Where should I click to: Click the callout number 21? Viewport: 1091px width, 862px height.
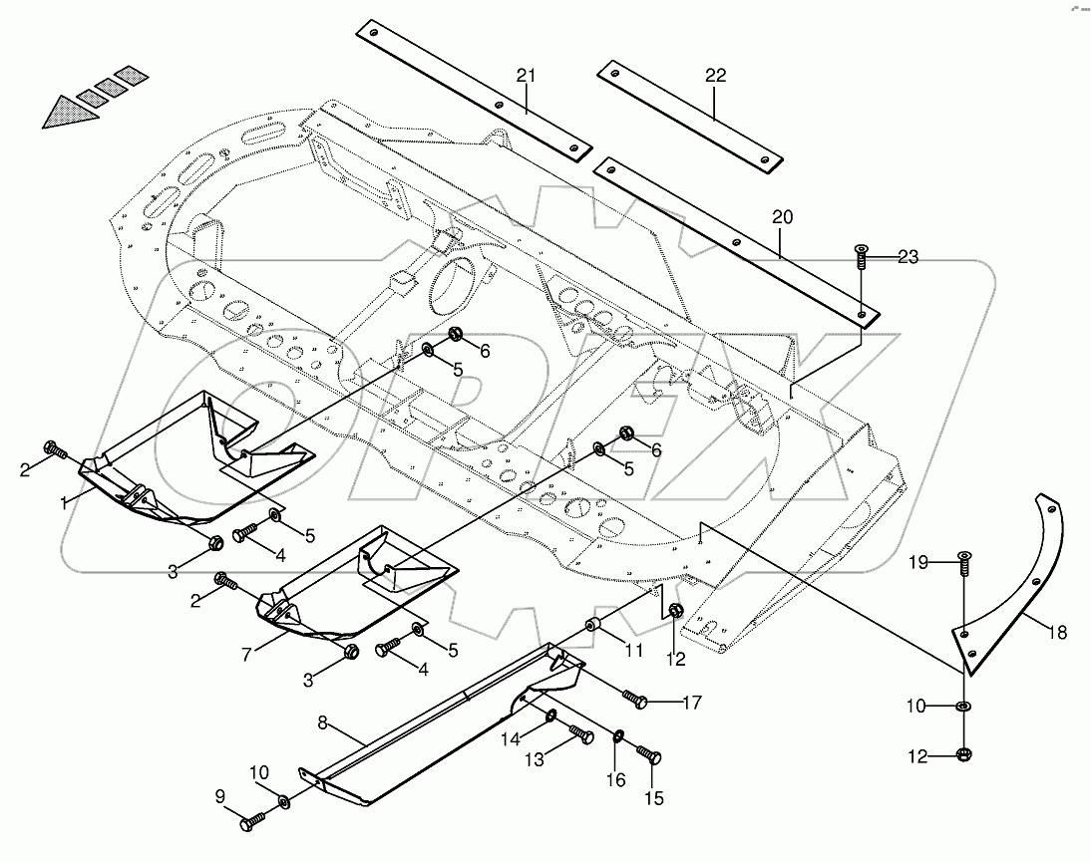(x=527, y=75)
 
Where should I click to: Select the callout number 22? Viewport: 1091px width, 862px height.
(x=715, y=75)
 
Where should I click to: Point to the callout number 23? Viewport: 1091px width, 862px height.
(x=908, y=257)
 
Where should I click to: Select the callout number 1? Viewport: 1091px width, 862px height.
(x=65, y=503)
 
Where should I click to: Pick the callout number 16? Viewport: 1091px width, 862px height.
(x=617, y=779)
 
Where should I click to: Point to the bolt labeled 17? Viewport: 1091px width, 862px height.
(x=636, y=700)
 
